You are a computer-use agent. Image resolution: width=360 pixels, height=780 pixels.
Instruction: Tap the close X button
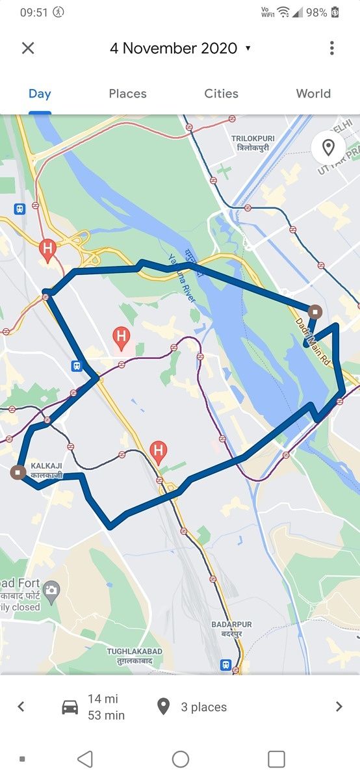click(27, 48)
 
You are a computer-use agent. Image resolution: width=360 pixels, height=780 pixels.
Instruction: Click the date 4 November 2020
click(174, 48)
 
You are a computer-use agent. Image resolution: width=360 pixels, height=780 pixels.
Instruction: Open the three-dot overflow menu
click(331, 48)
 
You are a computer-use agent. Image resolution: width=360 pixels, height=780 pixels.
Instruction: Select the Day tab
click(40, 94)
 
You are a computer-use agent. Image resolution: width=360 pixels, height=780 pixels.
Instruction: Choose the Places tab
click(127, 94)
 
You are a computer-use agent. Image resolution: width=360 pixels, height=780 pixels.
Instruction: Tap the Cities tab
click(221, 94)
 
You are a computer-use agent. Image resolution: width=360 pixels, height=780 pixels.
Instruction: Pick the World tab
click(313, 94)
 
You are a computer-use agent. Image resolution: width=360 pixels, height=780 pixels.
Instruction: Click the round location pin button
click(328, 148)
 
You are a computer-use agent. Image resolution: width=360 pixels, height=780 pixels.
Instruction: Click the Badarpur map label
click(231, 629)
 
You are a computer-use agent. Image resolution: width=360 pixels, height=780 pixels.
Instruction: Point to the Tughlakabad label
click(135, 655)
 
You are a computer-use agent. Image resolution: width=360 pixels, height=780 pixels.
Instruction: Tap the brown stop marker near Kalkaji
click(18, 472)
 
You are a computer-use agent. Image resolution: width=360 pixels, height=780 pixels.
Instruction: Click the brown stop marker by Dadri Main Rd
click(315, 311)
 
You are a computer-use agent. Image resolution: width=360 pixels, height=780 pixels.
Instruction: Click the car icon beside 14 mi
click(70, 707)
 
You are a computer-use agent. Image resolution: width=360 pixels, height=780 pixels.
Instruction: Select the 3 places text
click(203, 707)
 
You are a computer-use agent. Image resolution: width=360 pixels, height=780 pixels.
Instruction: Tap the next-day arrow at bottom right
click(339, 707)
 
